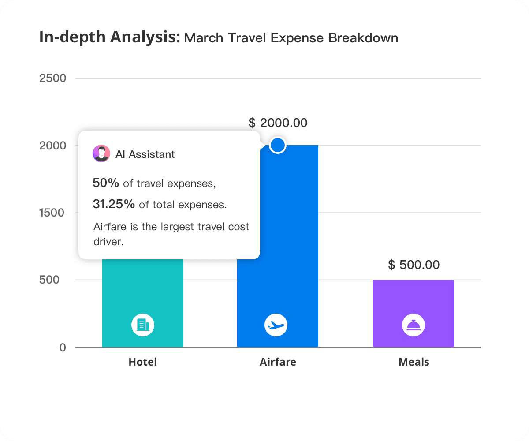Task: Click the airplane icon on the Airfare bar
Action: pos(276,325)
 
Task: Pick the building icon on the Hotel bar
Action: pos(143,325)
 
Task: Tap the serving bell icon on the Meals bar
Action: pos(413,325)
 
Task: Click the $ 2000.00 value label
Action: pos(278,123)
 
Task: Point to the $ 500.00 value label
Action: pos(414,265)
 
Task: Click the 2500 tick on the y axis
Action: pos(53,78)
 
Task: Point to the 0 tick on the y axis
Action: pos(63,347)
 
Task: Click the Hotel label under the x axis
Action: pos(142,362)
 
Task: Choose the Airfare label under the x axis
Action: pos(278,362)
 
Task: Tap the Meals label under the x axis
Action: pos(414,362)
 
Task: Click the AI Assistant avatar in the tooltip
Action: pos(101,153)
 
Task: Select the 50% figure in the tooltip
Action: pos(106,183)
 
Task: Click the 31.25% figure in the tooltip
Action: pos(114,204)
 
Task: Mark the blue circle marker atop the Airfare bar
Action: pos(277,145)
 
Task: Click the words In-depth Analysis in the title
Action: pos(109,37)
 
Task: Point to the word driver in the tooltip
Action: pos(108,242)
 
